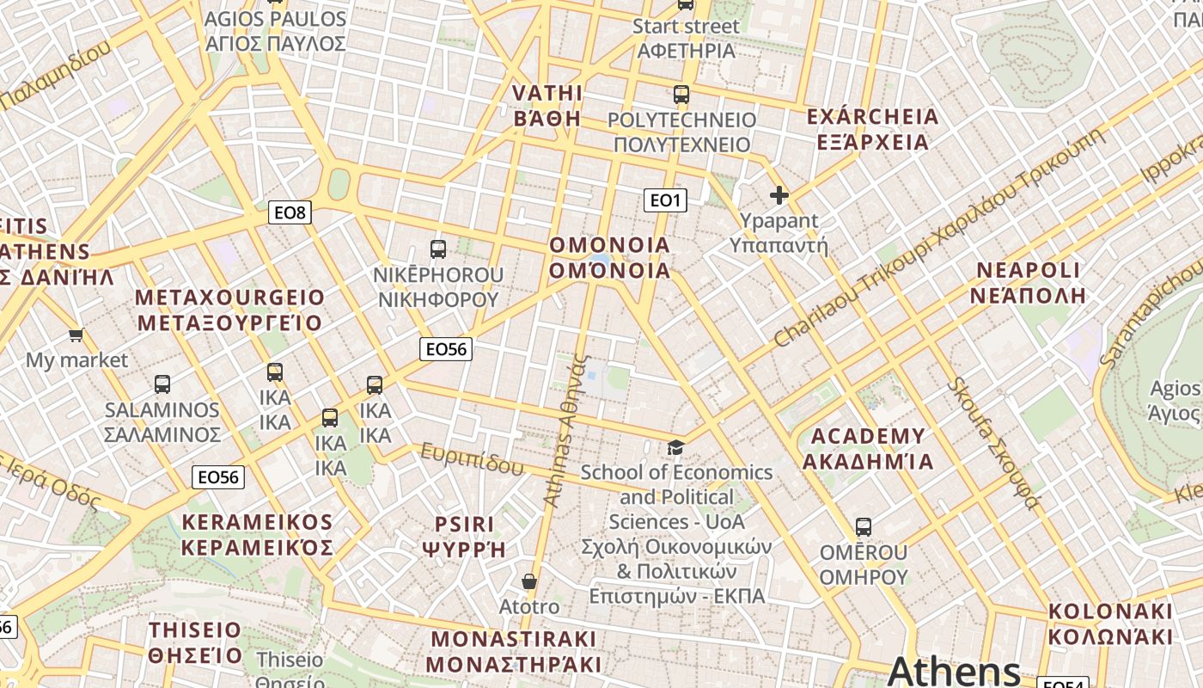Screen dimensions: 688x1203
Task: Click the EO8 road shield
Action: coord(290,212)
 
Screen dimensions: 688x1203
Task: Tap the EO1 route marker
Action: coord(665,200)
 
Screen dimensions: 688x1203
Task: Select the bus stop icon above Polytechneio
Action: coord(681,95)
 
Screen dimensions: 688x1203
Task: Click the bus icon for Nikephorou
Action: coord(438,250)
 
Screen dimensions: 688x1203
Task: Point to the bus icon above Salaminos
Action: coord(162,384)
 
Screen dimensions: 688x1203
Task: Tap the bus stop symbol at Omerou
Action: coord(864,527)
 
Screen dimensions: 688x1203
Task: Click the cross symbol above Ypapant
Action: coord(779,196)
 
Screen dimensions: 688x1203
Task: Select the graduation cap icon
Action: coord(676,447)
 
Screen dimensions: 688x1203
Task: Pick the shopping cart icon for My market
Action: coord(76,335)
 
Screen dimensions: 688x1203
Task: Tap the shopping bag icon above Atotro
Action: coord(529,582)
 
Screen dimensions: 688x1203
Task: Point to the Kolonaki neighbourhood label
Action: coord(1110,624)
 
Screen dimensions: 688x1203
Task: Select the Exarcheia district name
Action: coord(868,129)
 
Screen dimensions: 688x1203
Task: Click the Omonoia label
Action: coord(609,258)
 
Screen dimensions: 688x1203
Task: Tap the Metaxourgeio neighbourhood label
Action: coord(230,310)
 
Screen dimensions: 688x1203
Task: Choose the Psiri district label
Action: coord(464,537)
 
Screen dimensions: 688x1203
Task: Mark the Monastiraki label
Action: coord(513,652)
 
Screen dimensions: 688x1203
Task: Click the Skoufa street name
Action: coord(993,442)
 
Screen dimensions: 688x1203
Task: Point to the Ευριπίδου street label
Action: coord(472,459)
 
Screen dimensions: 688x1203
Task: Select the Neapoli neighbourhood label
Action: coord(1028,283)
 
